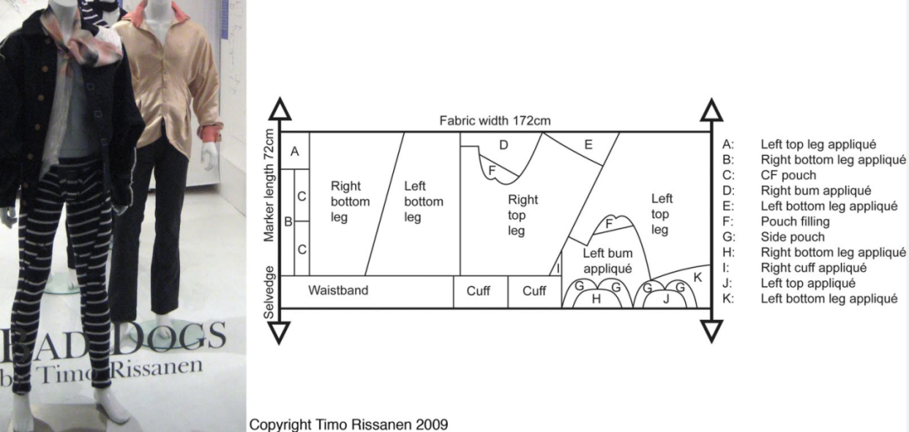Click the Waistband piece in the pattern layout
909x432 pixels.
coord(338,291)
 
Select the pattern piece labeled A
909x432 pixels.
coord(294,152)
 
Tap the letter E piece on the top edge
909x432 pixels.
coord(588,144)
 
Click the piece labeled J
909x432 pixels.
coord(665,299)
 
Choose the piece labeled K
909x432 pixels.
coord(697,277)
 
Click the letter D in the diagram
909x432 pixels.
coord(503,145)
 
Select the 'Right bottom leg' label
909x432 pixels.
coord(345,201)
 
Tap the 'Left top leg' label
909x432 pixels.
coord(662,214)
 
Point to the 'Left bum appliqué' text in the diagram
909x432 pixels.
coord(607,261)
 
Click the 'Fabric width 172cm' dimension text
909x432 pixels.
coord(495,120)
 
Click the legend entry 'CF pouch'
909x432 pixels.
coord(788,175)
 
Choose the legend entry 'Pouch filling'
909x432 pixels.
coord(795,221)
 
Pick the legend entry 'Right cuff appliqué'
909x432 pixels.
coord(812,268)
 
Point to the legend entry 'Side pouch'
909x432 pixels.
coord(792,237)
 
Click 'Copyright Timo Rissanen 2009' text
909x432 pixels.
coord(348,424)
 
